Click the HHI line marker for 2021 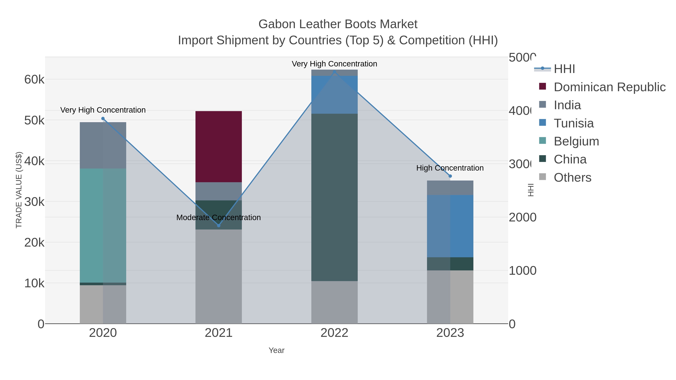219,226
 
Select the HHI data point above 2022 334,72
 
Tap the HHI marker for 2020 103,119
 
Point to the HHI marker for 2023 450,176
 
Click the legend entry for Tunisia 574,123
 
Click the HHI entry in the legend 564,69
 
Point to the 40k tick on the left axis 34,161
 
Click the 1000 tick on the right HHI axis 522,271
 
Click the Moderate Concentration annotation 218,217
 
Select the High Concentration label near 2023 450,168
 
